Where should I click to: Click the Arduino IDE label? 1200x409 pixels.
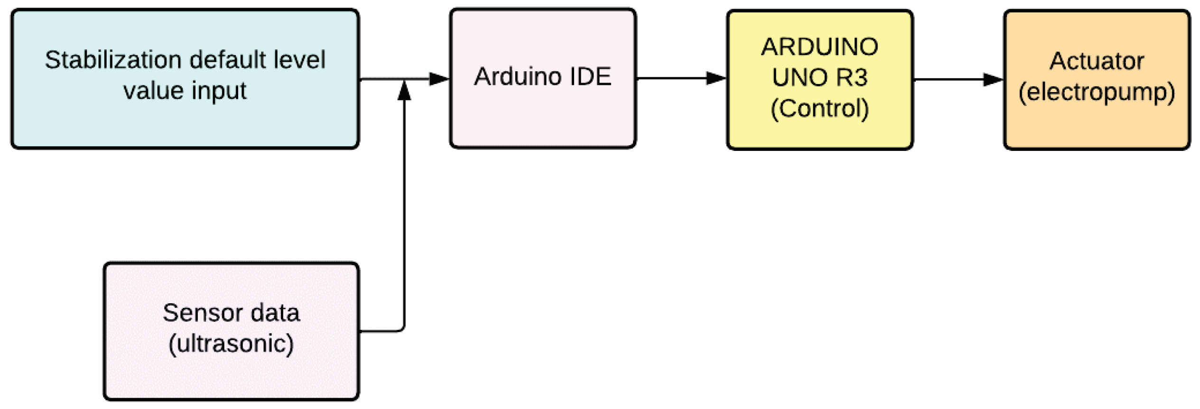[x=542, y=77]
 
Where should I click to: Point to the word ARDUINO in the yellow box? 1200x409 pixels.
[x=819, y=47]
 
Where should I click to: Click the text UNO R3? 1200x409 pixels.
[x=819, y=77]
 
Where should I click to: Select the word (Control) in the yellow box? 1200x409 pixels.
[x=819, y=109]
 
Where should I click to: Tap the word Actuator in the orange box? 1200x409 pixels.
[x=1096, y=61]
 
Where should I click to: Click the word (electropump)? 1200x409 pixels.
[x=1096, y=93]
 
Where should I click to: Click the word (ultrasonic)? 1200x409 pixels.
[x=231, y=344]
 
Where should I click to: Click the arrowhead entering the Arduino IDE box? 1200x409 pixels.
[x=439, y=79]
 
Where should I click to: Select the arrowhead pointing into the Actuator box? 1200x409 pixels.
[x=993, y=79]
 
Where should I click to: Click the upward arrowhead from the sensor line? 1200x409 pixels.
[x=404, y=91]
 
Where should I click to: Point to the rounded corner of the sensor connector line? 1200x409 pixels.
[x=402, y=329]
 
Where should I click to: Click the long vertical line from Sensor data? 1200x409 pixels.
[x=404, y=214]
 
